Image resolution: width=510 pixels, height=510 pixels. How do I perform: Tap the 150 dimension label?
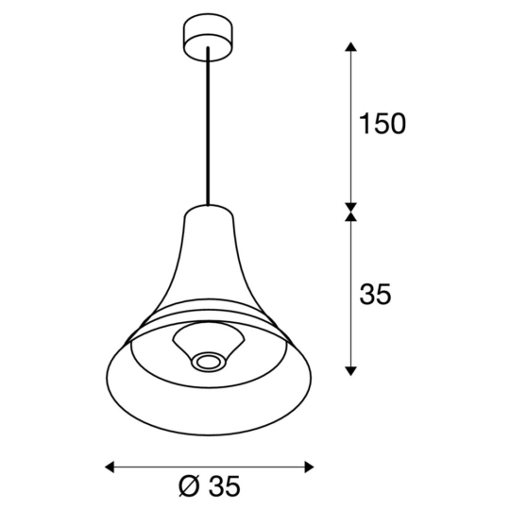click(x=382, y=125)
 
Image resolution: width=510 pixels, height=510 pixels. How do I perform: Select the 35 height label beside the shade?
click(x=375, y=295)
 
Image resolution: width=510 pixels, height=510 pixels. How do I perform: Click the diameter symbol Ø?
click(x=187, y=487)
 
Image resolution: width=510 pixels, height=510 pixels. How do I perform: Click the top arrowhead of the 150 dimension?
click(x=351, y=47)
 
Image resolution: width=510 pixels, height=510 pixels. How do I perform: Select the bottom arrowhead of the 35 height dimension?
click(x=351, y=368)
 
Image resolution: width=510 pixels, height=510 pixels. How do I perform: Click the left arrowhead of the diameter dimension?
click(x=110, y=466)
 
